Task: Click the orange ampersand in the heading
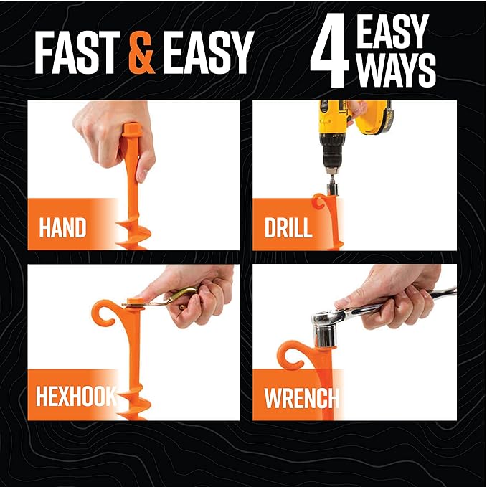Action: tap(141, 52)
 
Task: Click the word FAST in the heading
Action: tap(77, 52)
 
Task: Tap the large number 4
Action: tap(330, 50)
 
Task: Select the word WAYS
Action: tap(397, 70)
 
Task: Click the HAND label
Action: tap(62, 227)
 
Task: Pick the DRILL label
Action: tap(288, 227)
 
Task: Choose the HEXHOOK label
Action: tap(76, 396)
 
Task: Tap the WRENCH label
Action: tap(301, 398)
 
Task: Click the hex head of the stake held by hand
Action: tap(132, 129)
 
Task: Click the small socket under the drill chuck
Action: tap(332, 189)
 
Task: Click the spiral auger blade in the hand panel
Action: tap(133, 232)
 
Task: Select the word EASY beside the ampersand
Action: tap(207, 52)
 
